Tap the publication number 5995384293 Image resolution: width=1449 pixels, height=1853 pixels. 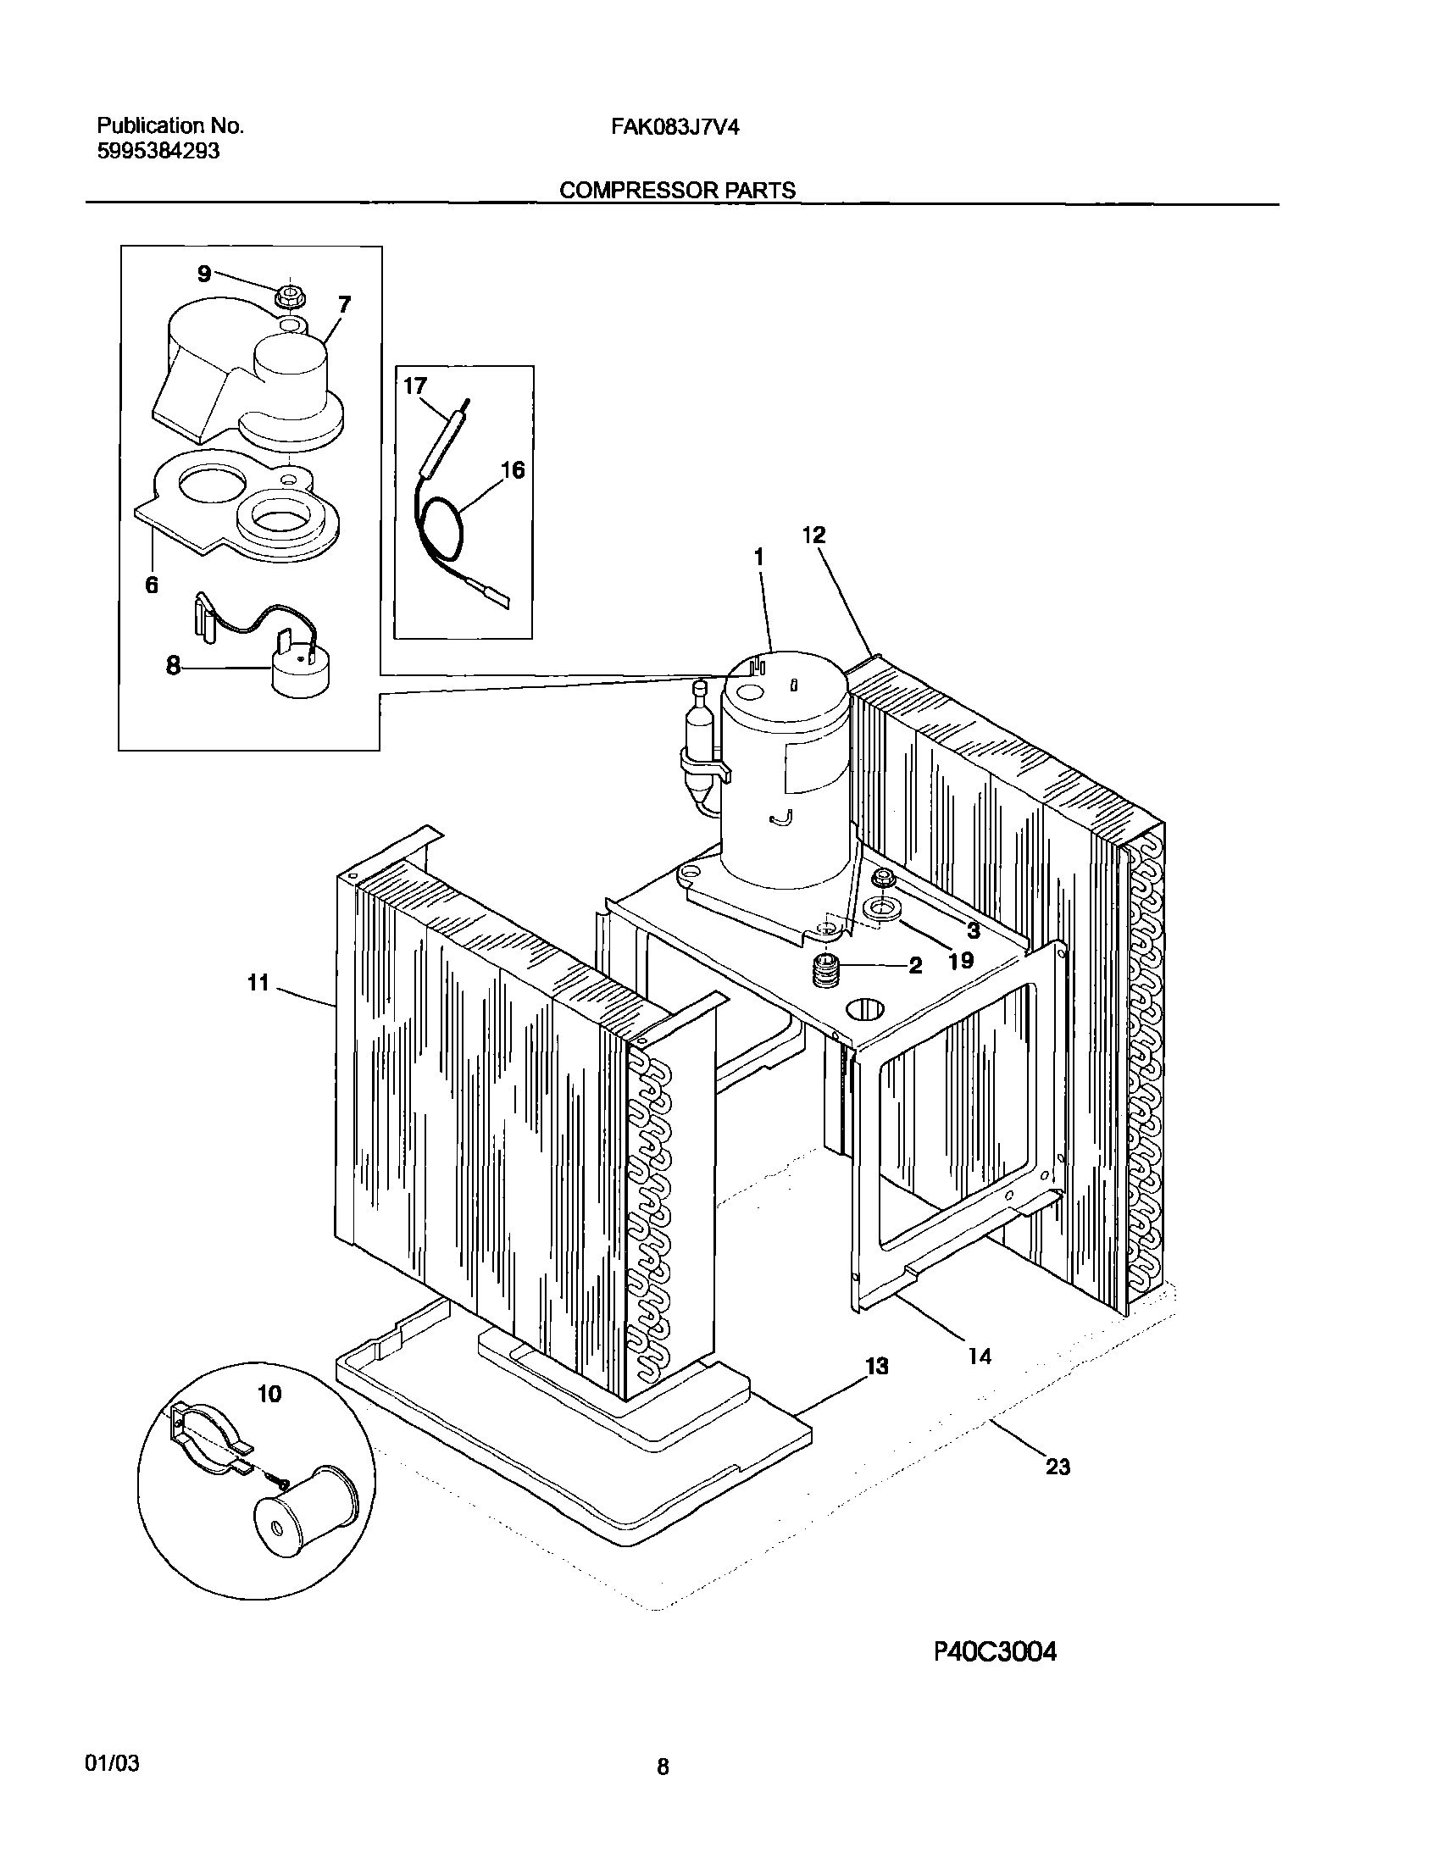tap(158, 151)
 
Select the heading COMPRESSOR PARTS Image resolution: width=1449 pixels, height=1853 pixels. tap(677, 190)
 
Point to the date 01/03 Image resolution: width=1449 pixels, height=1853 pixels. tap(112, 1764)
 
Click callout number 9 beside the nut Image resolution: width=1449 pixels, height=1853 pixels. tap(203, 273)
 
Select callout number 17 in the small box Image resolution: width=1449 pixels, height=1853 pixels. tap(414, 386)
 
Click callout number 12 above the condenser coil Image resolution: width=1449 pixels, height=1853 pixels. tap(813, 535)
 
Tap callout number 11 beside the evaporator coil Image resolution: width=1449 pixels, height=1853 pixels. tap(258, 983)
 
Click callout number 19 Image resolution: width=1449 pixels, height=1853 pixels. tap(960, 961)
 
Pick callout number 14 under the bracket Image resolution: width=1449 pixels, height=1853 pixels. tap(980, 1356)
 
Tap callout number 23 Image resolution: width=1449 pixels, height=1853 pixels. tap(1057, 1467)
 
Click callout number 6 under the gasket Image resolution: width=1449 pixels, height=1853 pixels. tap(151, 585)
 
